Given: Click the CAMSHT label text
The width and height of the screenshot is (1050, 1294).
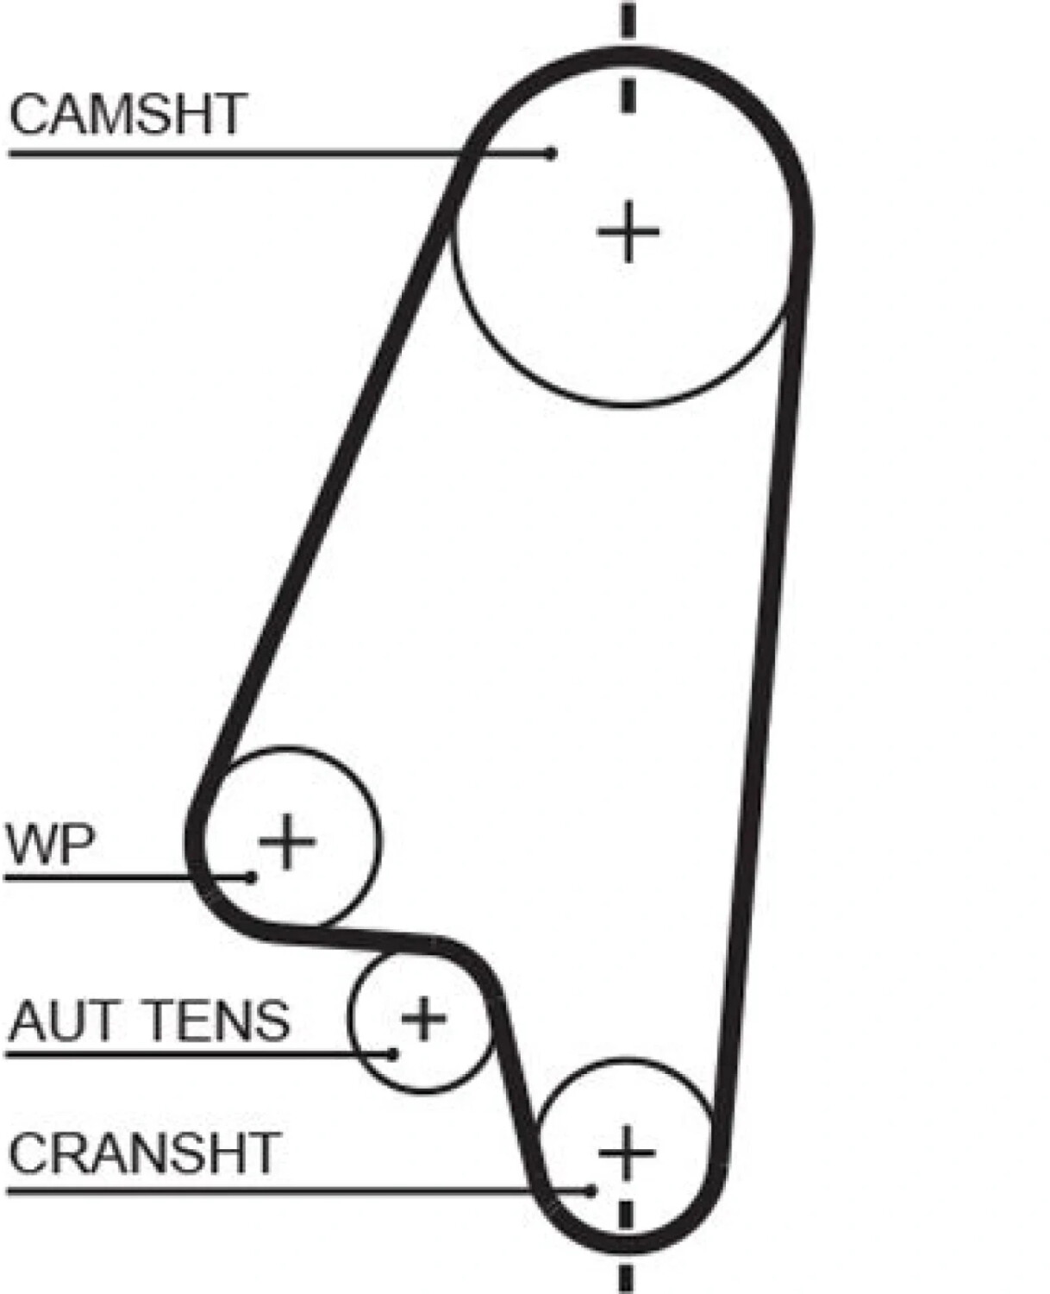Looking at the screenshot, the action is (128, 114).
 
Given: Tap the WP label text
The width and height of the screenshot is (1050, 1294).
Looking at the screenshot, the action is (50, 845).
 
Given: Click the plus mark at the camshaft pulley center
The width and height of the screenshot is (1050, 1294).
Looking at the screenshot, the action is (628, 231).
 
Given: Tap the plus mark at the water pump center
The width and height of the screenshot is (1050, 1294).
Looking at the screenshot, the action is (287, 841).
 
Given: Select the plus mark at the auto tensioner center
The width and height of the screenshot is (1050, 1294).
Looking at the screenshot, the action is (424, 1018).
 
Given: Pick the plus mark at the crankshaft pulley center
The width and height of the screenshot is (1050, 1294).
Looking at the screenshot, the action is (627, 1152).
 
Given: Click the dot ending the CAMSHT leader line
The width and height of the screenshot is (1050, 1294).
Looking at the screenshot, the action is (551, 153).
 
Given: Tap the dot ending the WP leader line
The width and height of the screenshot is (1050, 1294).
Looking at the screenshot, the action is (251, 877).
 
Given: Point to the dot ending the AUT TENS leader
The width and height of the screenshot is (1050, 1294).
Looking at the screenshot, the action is (393, 1054).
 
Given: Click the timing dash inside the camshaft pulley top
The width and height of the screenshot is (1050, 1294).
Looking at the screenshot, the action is (628, 96).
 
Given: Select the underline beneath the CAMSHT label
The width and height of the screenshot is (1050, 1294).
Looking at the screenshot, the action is (280, 154).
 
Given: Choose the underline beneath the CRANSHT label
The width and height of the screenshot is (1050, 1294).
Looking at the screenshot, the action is (298, 1191).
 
